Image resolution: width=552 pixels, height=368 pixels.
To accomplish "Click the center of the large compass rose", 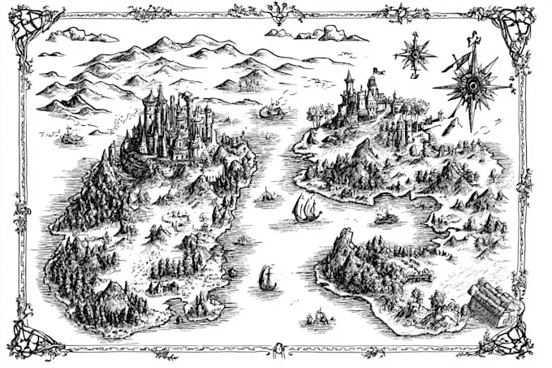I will tap(471, 84).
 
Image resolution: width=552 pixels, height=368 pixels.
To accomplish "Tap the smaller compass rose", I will tap(414, 54).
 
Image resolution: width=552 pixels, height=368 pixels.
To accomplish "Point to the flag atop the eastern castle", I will tap(376, 71).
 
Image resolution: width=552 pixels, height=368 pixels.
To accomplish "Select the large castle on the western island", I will tap(175, 126).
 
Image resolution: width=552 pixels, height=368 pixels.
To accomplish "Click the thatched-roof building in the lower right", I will tap(493, 302).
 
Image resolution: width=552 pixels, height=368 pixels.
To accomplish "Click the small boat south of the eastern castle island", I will tap(387, 217).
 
